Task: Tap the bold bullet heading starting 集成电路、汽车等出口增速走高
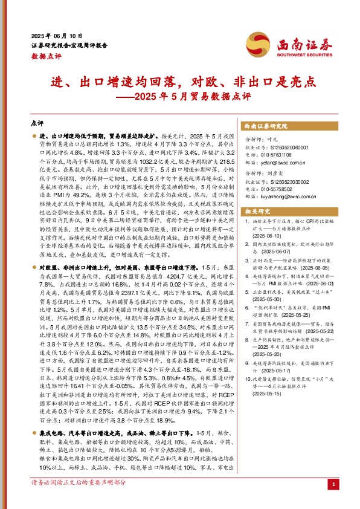(x=118, y=433)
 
